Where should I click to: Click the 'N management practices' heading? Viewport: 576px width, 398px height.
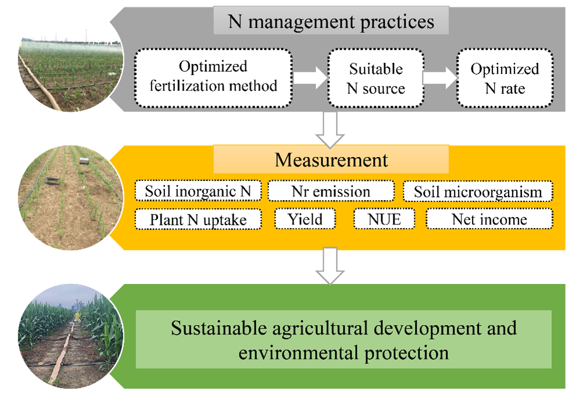coord(331,22)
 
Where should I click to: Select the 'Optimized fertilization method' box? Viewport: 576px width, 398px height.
coord(213,77)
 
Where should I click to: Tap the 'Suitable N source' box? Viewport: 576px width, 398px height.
coord(375,78)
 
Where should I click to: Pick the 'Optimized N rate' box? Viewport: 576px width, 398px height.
coord(504,78)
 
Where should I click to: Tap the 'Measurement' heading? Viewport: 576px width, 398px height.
coord(331,159)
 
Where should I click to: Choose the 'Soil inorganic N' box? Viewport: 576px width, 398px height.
coord(198,191)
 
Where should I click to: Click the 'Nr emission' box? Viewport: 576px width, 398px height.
coord(331,191)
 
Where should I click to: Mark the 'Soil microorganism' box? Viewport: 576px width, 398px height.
coord(478,191)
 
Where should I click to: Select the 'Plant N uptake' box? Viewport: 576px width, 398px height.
coord(198,219)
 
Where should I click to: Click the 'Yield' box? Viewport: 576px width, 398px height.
coord(305,219)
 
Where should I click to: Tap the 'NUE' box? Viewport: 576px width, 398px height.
coord(384,219)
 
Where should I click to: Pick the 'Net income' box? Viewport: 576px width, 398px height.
coord(489,219)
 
